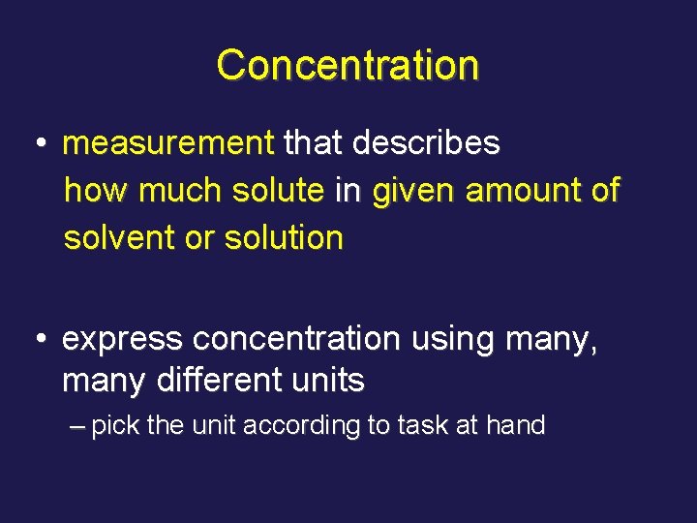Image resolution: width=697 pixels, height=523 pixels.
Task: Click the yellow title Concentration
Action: (x=348, y=66)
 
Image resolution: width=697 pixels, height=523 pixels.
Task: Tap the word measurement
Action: (x=168, y=144)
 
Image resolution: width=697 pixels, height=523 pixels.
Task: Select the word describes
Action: (x=426, y=144)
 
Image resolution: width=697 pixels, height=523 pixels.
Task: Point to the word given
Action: (x=414, y=192)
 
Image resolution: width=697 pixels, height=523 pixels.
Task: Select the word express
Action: (x=122, y=340)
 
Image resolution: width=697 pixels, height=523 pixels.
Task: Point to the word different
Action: (x=202, y=382)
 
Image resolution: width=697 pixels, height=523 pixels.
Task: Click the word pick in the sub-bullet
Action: (x=116, y=425)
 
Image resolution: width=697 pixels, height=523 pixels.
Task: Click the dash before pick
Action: (x=78, y=425)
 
